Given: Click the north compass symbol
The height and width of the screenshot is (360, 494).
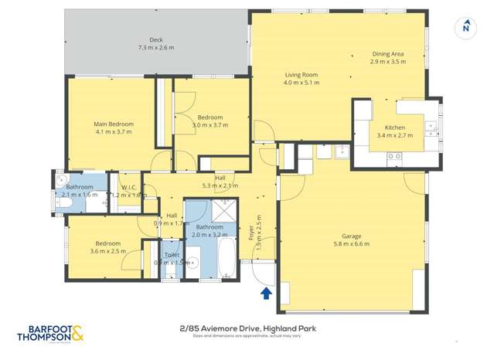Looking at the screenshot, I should [465, 26].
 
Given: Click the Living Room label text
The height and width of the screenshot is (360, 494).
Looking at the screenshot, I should [301, 75].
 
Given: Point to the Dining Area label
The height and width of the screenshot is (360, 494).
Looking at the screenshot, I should [387, 53].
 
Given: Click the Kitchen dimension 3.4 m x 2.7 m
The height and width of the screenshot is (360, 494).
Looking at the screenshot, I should [394, 135].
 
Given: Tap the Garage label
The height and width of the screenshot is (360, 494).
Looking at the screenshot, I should [352, 236].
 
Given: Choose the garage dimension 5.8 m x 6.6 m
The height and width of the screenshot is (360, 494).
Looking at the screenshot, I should [352, 244].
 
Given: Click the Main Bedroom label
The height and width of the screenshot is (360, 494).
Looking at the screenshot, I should [114, 124].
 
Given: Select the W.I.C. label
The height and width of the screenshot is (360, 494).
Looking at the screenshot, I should [128, 186].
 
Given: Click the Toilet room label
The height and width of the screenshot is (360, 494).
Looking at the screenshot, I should [172, 254].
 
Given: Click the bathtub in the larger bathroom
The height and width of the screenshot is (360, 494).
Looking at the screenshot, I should [226, 258].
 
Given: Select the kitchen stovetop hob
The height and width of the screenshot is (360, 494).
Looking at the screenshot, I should [394, 156].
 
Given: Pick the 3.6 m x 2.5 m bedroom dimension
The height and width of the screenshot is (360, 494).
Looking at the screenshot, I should [107, 251].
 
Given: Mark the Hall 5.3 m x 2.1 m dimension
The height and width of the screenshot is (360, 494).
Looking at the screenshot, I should [220, 185].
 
